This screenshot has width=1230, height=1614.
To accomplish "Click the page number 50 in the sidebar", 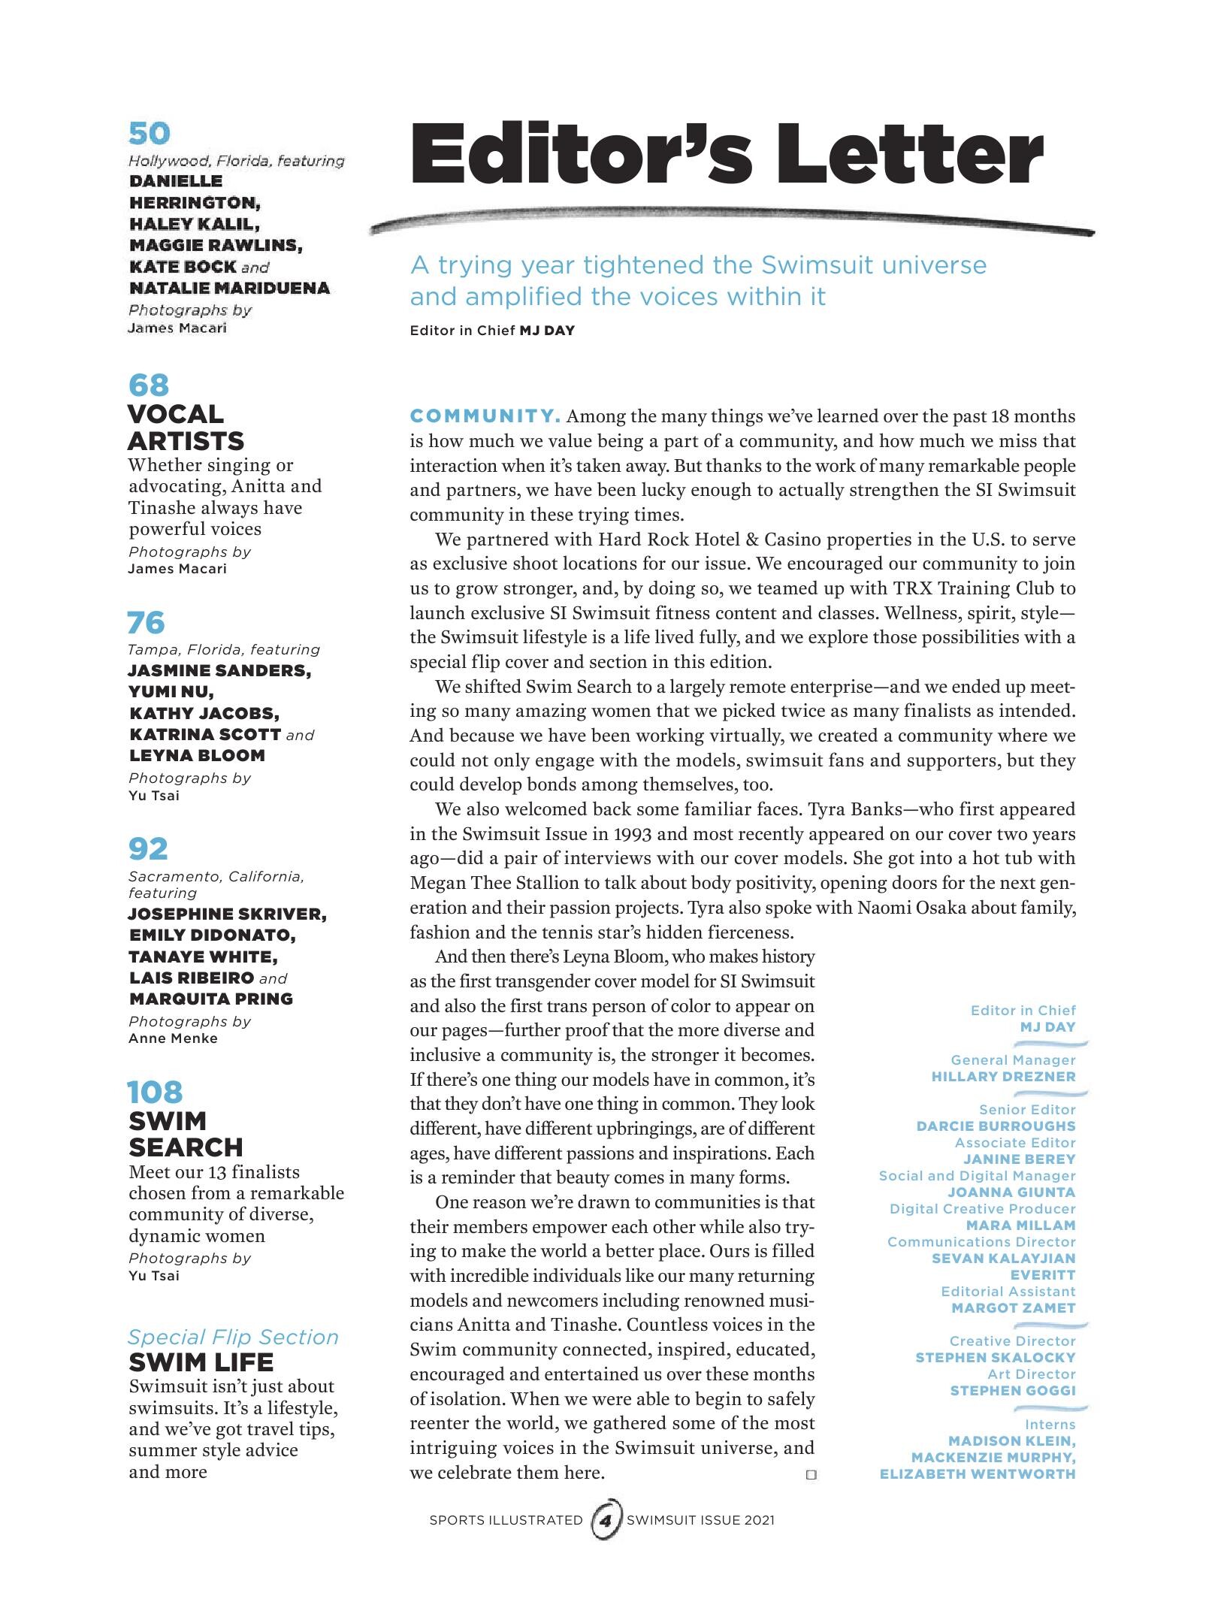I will point(150,134).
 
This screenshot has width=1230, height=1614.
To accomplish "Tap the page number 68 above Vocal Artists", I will point(149,385).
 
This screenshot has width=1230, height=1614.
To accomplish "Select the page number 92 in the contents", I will point(148,849).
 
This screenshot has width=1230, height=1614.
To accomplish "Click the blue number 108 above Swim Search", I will point(156,1092).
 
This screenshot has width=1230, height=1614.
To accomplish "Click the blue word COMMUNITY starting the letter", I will point(485,416).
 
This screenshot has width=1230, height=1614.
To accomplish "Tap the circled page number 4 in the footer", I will point(606,1520).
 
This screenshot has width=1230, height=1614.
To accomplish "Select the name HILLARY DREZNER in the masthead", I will point(1003,1076).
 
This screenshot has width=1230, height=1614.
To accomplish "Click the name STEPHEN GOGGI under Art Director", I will point(1013,1390).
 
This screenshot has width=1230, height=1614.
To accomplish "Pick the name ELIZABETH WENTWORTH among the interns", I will point(978,1473).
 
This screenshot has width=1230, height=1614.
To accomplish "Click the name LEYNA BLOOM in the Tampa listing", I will point(197,755).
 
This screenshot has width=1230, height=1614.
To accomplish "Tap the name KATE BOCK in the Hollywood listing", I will point(183,267).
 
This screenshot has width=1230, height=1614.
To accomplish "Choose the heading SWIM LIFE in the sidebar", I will point(201,1362).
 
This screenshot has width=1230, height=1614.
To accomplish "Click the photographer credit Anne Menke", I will point(173,1038).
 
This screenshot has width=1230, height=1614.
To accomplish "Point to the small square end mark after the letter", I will point(810,1475).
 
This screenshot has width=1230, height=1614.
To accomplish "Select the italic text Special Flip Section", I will point(233,1337).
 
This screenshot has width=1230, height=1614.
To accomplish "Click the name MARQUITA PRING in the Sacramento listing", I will point(210,999).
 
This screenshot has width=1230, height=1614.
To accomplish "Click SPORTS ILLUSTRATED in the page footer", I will point(506,1520).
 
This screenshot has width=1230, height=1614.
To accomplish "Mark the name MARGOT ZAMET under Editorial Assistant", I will point(1013,1307).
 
